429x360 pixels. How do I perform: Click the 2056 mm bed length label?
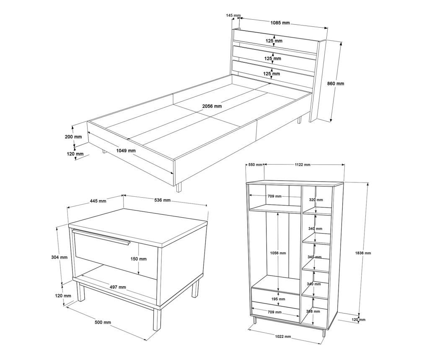pos(212,106)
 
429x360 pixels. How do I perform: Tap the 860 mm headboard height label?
pos(336,84)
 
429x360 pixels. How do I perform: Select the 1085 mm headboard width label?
pos(280,23)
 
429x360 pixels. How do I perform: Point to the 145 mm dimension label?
pos(233,15)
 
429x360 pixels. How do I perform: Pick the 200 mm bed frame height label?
pos(73,136)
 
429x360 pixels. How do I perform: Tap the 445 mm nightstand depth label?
pos(98,201)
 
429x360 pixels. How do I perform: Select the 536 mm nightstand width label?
pos(163,201)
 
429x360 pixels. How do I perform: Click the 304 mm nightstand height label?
pos(59,257)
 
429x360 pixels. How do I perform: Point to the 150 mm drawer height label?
pos(138,259)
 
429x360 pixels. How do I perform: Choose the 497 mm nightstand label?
pos(118,287)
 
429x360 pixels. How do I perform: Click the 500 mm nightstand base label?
pos(103,323)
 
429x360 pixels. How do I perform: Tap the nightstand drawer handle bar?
pos(101,237)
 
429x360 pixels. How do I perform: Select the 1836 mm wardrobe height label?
pos(363,253)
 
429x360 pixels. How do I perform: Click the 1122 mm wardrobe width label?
pos(302,165)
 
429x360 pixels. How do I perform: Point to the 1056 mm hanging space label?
pos(278,253)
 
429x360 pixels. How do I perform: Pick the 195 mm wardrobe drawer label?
pos(278,299)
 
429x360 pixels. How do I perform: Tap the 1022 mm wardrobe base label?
pos(283,337)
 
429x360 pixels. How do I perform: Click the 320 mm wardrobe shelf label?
pos(316,200)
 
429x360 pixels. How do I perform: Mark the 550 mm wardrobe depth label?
pos(255,165)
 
